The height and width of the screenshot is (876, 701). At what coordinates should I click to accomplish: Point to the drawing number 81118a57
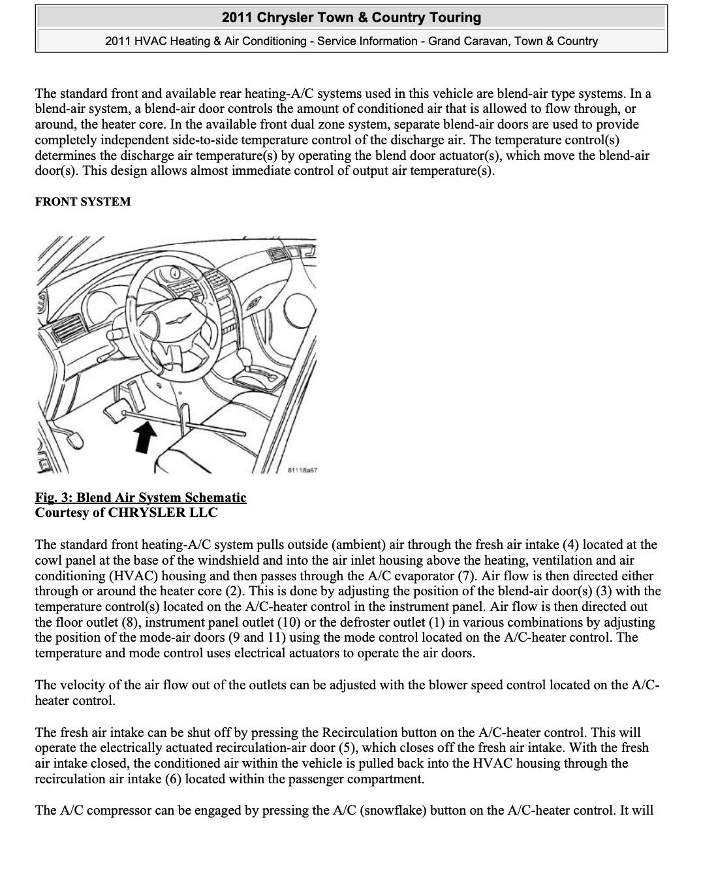click(x=302, y=470)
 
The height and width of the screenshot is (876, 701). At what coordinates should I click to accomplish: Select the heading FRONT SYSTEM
click(x=83, y=202)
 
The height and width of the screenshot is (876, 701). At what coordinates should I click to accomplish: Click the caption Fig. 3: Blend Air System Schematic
click(x=140, y=497)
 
